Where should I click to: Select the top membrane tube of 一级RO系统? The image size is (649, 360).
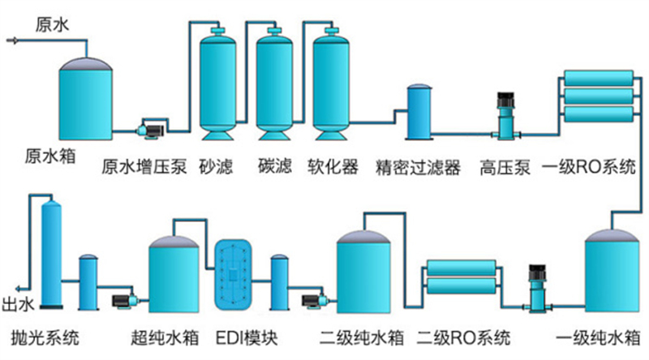pyautogui.click(x=600, y=80)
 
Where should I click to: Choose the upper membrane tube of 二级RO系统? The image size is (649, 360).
pyautogui.click(x=460, y=268)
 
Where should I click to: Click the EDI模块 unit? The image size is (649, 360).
pyautogui.click(x=234, y=275)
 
